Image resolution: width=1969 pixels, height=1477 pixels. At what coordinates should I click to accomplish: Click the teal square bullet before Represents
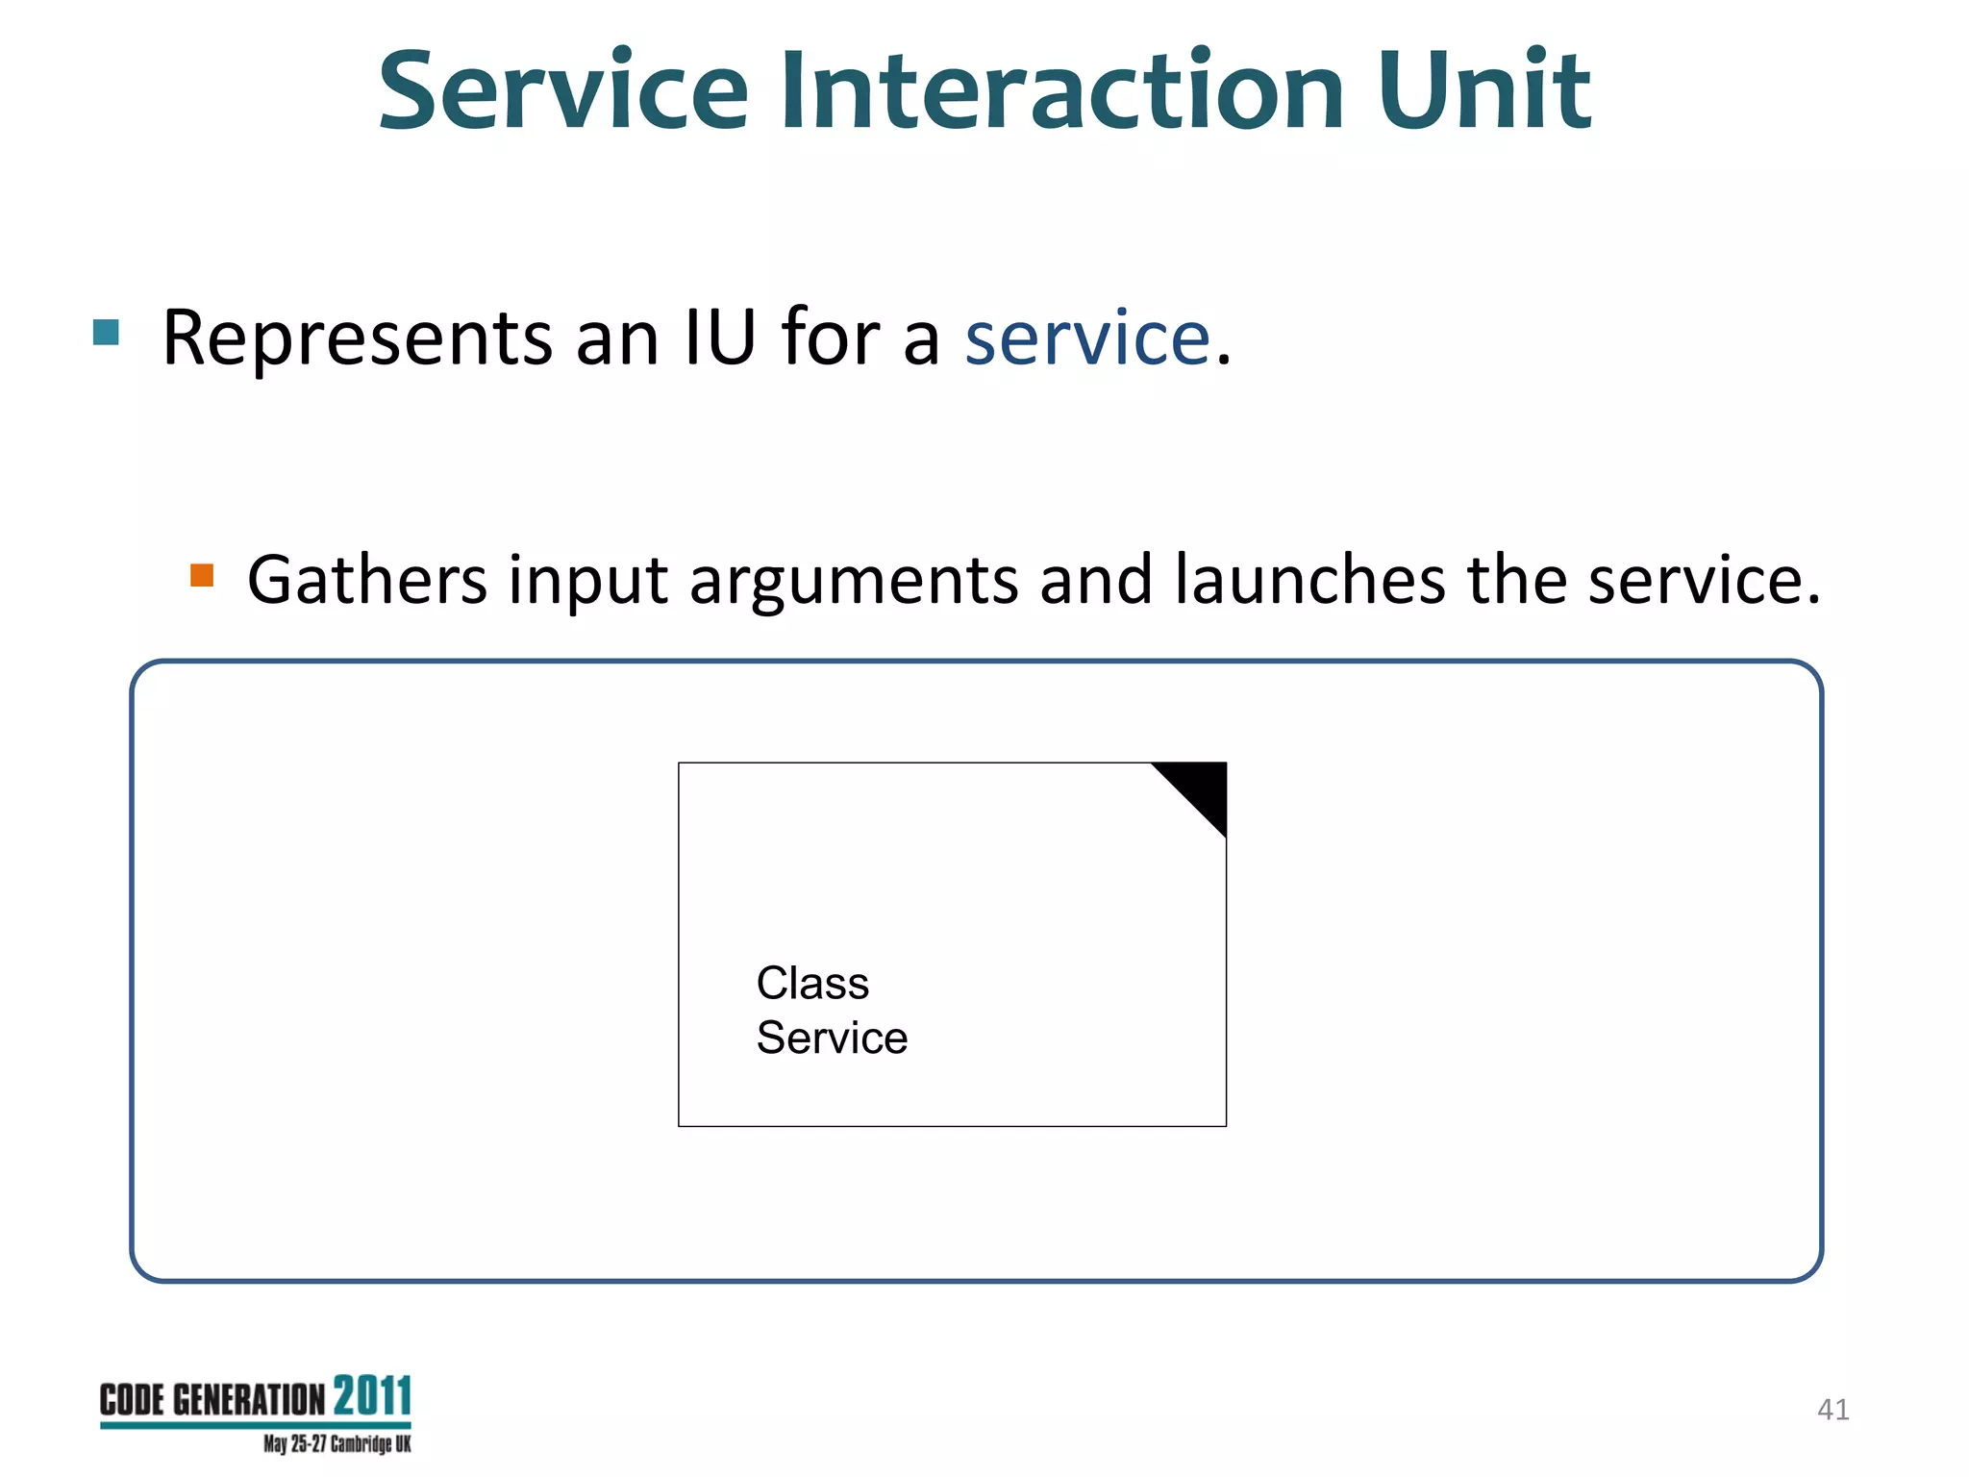tap(106, 333)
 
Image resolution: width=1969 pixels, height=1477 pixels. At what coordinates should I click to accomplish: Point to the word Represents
tap(357, 338)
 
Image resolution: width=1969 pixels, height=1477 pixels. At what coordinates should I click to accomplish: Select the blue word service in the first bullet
tap(1087, 338)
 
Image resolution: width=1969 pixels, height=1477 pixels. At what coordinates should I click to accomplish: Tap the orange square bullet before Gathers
tap(202, 575)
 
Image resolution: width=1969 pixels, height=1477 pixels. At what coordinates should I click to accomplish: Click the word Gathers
tap(366, 580)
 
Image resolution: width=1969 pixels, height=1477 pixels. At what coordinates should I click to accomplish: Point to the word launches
tap(1309, 580)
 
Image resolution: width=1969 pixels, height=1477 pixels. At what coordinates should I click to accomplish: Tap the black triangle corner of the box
tap(1201, 788)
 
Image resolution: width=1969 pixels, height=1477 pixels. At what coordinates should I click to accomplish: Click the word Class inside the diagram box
tap(812, 983)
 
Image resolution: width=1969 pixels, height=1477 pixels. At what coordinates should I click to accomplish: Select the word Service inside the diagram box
tap(832, 1038)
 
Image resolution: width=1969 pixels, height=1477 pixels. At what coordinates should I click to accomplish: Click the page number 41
tap(1832, 1410)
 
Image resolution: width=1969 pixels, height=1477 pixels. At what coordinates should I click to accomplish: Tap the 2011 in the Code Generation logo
tap(372, 1396)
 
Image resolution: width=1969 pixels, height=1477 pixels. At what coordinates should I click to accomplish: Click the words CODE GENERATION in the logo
tap(212, 1400)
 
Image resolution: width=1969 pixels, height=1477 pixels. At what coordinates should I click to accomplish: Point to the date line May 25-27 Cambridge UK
tap(336, 1444)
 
